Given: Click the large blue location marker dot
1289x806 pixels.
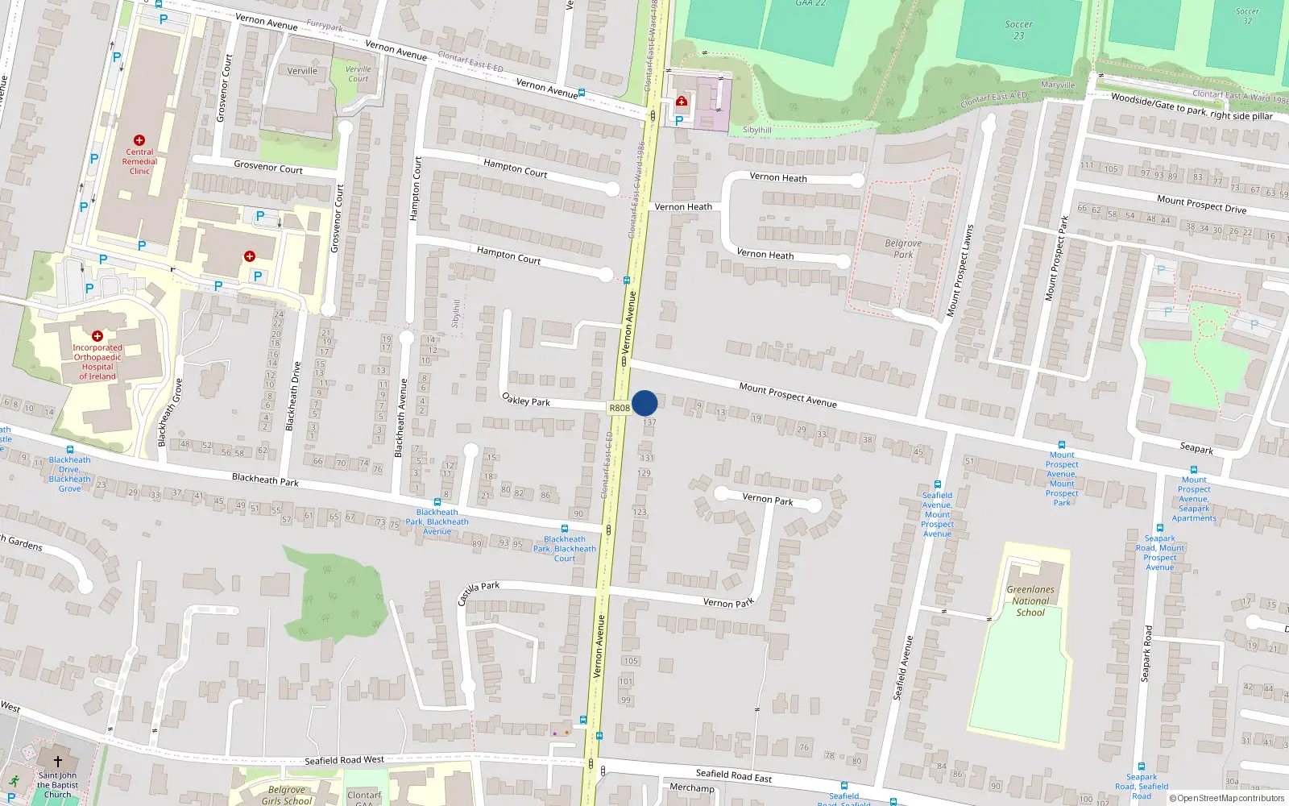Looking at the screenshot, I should [644, 403].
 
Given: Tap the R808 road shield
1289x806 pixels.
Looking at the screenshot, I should [619, 408].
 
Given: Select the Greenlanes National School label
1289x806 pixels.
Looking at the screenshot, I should [1030, 601].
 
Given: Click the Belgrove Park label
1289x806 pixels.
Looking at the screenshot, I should [903, 248].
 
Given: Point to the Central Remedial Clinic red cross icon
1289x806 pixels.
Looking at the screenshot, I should [139, 140].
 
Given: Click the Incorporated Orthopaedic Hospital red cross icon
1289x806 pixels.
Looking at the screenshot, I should [97, 335].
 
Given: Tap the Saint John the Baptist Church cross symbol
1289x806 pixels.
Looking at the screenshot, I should [58, 761].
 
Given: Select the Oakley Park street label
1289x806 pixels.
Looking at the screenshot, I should [526, 400].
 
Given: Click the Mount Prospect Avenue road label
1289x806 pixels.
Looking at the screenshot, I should [788, 395].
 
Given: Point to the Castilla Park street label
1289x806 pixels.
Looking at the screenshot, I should [479, 592].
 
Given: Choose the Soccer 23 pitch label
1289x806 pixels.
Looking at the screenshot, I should [1019, 30].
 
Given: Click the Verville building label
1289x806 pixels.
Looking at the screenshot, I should [302, 71].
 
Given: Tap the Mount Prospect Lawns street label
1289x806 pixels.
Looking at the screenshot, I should [959, 270].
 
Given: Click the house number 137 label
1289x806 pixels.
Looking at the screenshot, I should [649, 422].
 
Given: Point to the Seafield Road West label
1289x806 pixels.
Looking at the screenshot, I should [344, 760].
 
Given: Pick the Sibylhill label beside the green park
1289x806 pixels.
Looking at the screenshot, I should [756, 130].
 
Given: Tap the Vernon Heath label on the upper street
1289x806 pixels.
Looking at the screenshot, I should [778, 177].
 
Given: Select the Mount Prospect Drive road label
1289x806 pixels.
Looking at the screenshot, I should [1201, 205].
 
